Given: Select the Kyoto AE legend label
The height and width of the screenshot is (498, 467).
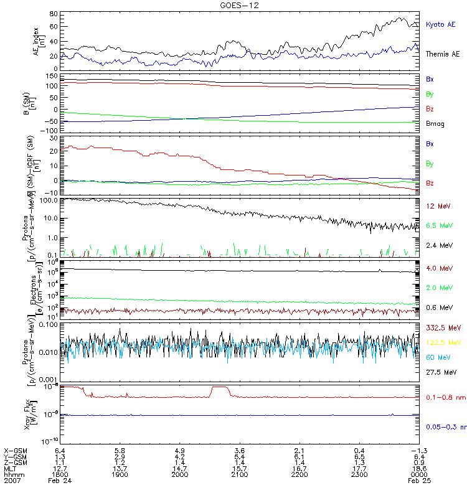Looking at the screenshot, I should coord(441,25).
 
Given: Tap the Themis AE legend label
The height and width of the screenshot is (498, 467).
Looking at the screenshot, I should coord(443,54).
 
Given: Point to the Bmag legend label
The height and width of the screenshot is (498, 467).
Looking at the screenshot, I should coord(435,124).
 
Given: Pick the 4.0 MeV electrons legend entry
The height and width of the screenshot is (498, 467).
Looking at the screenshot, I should coord(438,268).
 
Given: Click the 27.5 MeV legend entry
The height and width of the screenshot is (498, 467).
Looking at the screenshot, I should coord(440,372).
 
